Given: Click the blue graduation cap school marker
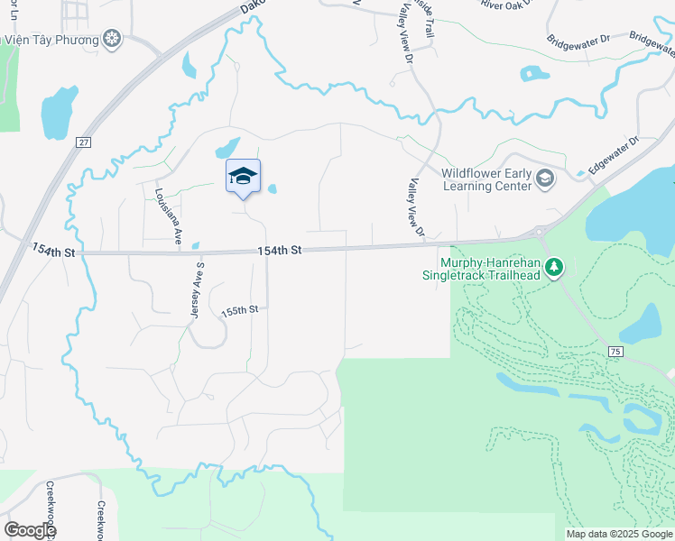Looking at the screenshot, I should click(243, 175).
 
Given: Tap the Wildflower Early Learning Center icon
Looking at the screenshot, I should click(544, 179).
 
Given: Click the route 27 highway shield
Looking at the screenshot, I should click(84, 142).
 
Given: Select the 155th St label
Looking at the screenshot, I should click(240, 309).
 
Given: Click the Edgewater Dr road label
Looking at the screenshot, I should click(614, 154).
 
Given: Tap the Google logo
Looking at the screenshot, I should click(31, 530).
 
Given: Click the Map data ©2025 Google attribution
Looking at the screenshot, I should click(618, 534).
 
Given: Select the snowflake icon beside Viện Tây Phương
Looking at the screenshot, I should click(112, 39).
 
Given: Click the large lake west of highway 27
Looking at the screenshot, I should click(60, 113).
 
